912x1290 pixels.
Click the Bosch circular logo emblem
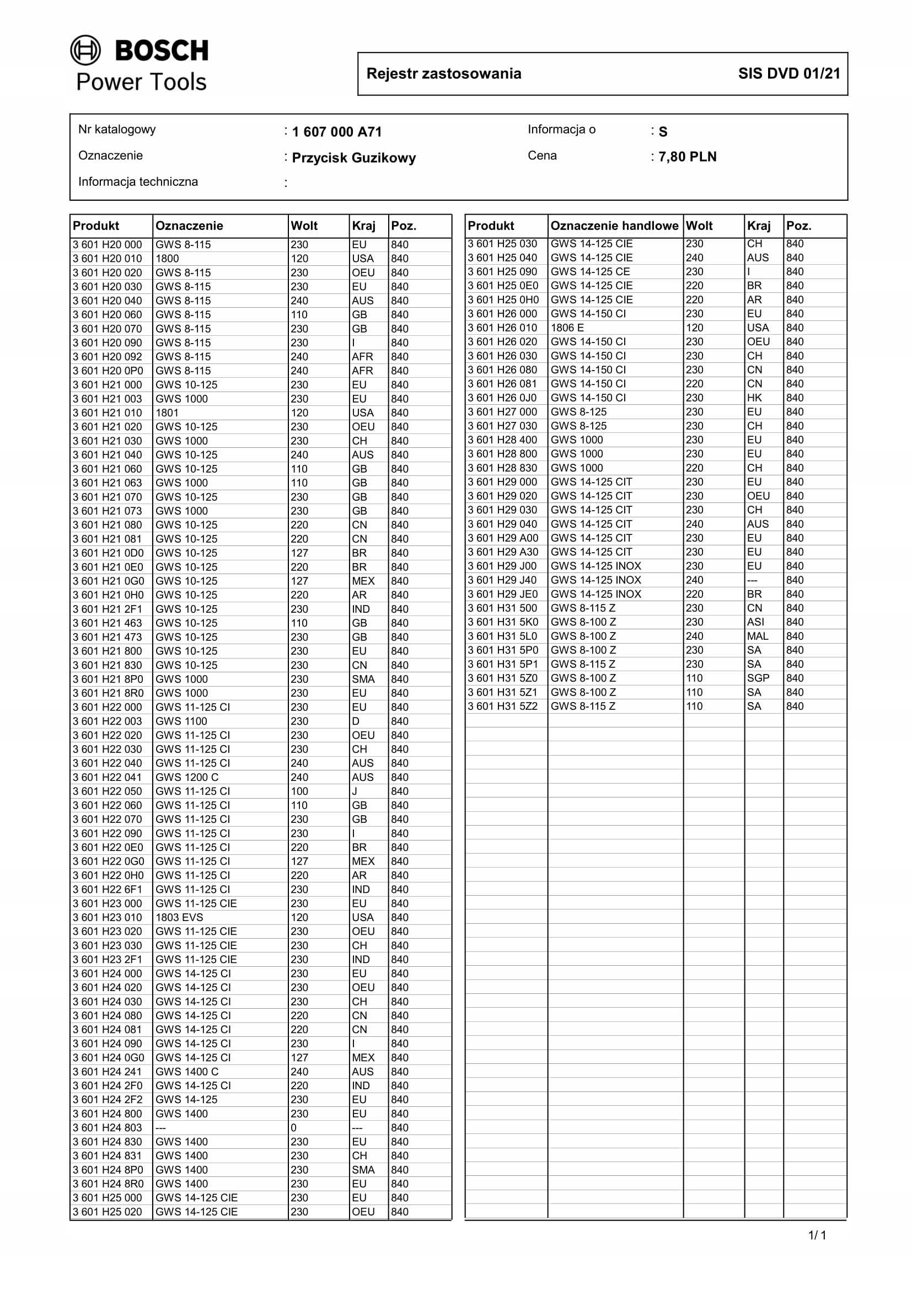tap(85, 51)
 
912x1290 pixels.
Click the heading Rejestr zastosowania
tap(444, 73)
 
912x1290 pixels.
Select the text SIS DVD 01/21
tap(789, 73)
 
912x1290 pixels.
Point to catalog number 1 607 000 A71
tap(337, 132)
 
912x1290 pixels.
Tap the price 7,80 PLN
tap(688, 157)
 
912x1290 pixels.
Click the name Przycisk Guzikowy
tap(354, 158)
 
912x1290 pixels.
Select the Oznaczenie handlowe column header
tap(614, 226)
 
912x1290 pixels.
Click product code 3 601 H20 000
tap(108, 245)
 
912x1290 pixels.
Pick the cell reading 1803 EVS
tap(179, 918)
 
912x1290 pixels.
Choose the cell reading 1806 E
tap(567, 328)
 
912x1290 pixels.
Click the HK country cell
tap(754, 398)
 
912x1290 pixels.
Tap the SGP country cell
tap(758, 678)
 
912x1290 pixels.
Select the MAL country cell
tap(757, 636)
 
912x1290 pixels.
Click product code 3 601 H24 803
tap(108, 1128)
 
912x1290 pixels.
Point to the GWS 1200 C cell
tap(187, 778)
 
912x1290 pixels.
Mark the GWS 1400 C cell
tap(187, 1072)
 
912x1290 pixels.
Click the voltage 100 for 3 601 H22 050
tap(299, 791)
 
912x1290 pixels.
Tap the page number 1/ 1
tap(817, 1235)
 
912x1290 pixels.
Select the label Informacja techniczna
tap(138, 182)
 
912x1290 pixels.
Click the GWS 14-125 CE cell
tap(590, 272)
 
